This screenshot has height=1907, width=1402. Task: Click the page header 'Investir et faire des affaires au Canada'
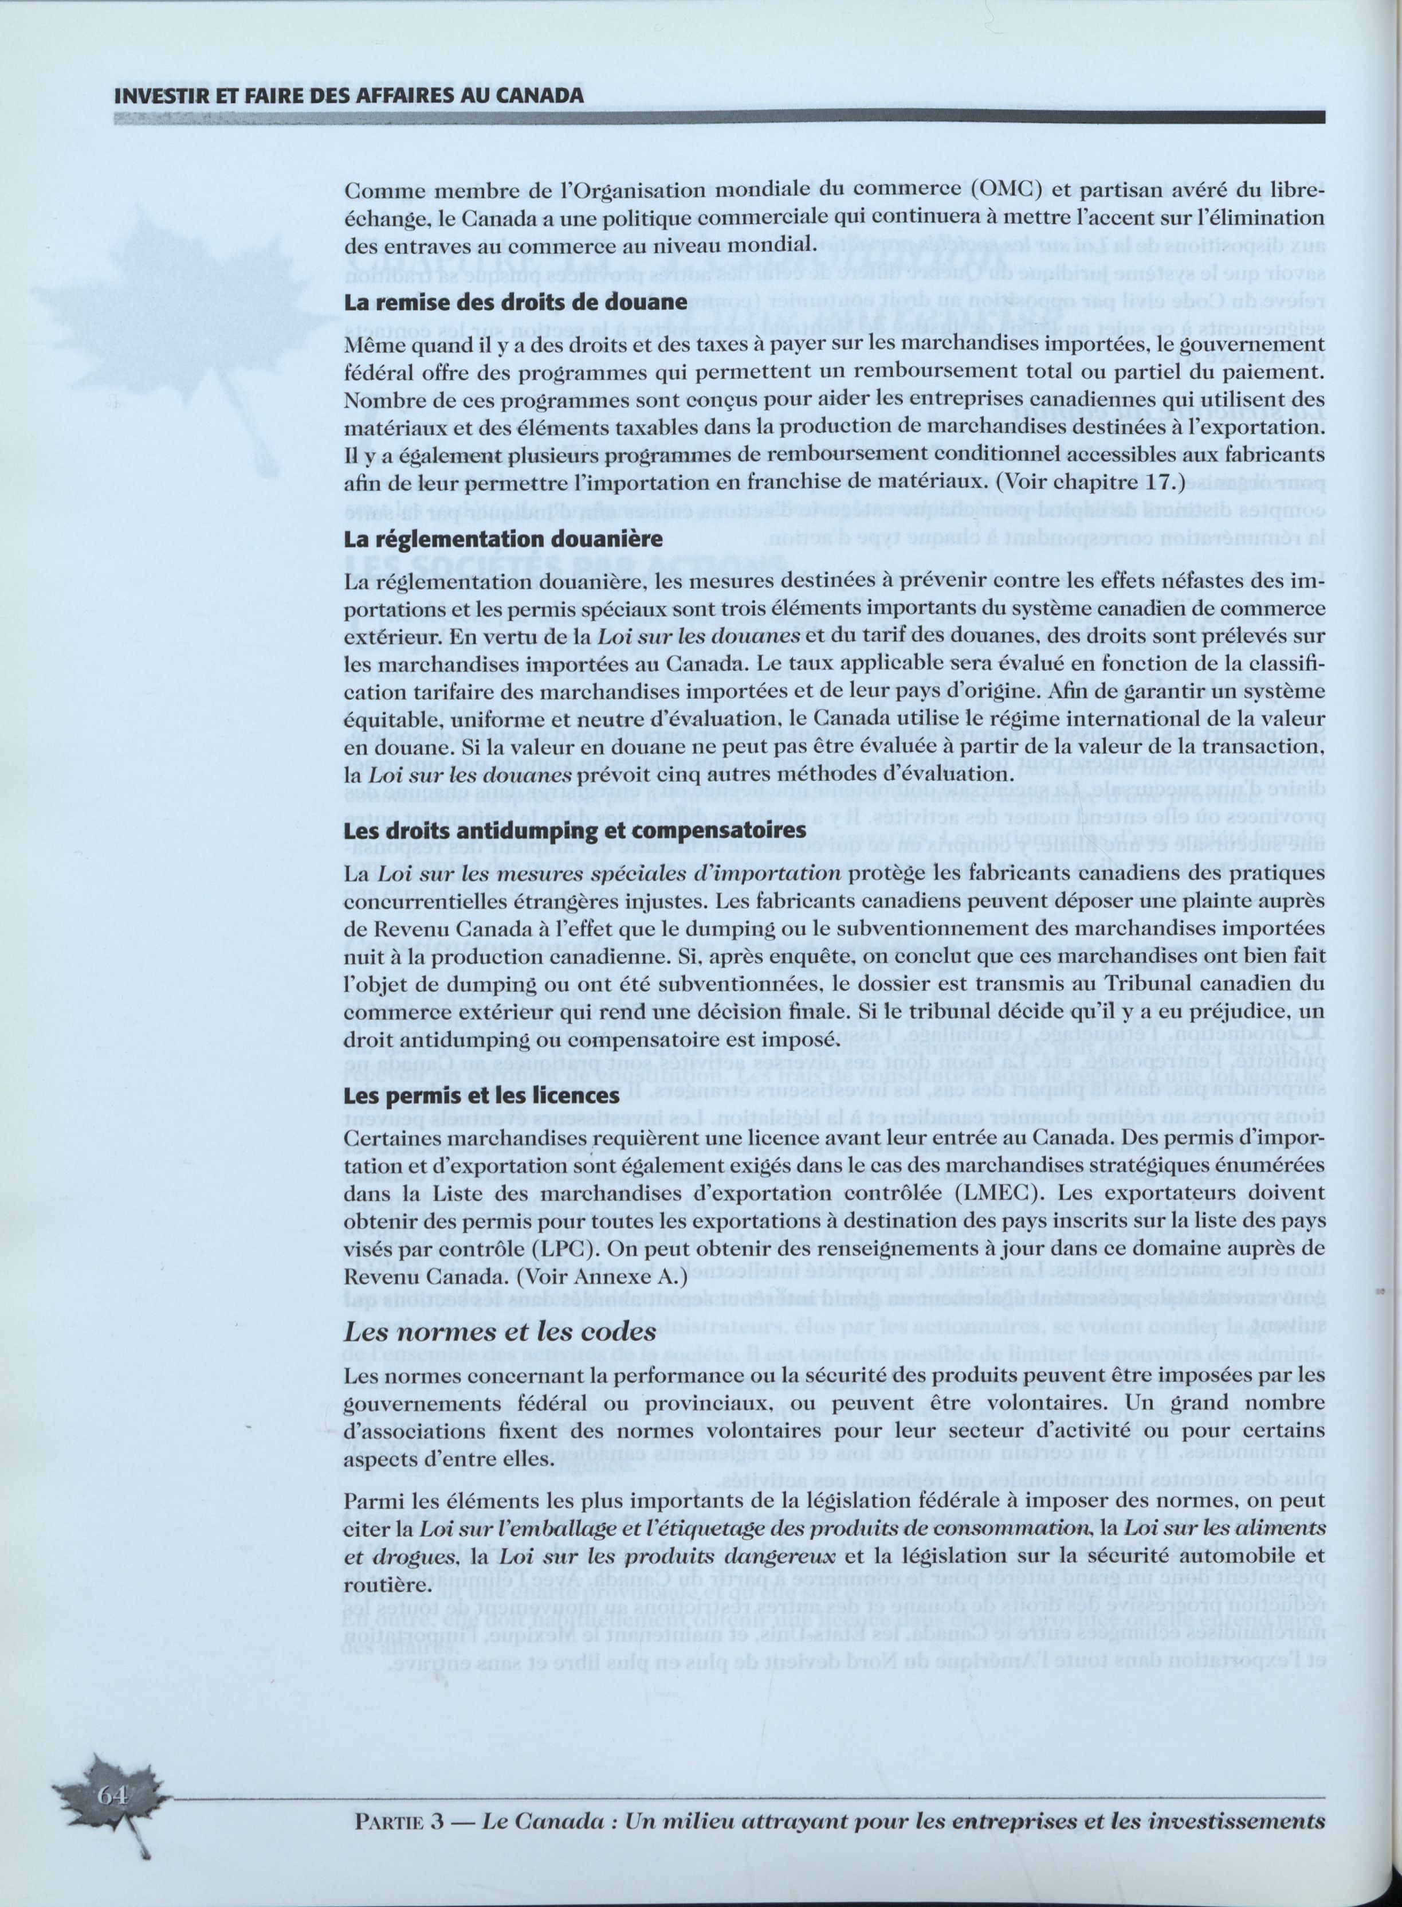[349, 95]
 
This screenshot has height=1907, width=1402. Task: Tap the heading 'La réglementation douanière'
[502, 539]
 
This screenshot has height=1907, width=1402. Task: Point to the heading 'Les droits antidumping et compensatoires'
[575, 829]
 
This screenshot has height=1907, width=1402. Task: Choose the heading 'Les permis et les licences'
[481, 1096]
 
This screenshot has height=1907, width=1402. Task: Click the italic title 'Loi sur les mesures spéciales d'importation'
[608, 874]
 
